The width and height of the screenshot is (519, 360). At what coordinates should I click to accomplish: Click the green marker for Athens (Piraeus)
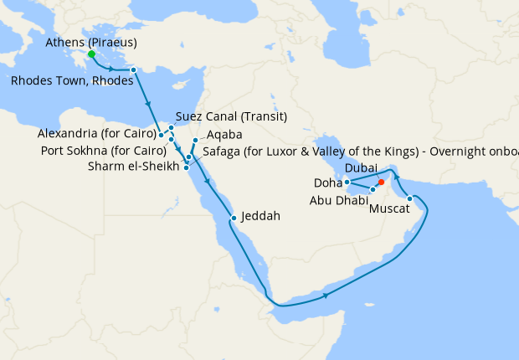point(90,54)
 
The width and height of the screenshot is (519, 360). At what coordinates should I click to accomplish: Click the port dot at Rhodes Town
point(132,69)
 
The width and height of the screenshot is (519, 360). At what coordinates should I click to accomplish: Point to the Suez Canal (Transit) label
point(232,116)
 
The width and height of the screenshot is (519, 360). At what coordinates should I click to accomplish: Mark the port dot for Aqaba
point(195,140)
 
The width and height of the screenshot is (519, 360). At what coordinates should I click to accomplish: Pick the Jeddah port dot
point(234,218)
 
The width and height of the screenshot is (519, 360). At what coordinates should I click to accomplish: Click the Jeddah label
point(259,215)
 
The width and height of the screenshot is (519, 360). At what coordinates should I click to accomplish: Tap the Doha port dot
point(346,182)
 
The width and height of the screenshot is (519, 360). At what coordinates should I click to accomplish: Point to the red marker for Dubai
point(381,182)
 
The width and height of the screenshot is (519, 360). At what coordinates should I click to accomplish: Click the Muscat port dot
point(409,199)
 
